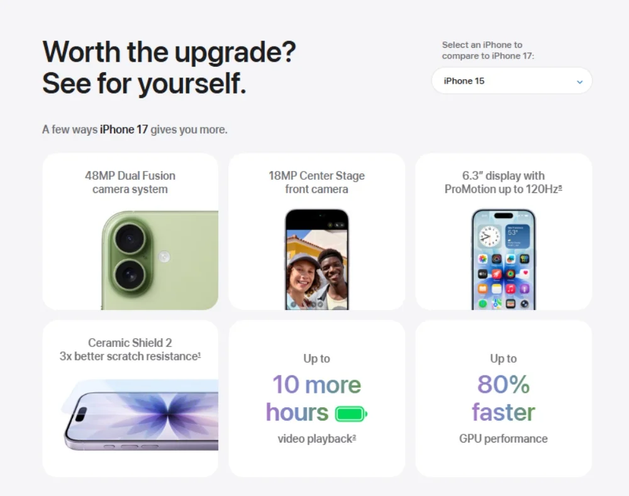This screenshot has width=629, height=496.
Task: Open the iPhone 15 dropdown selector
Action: click(511, 80)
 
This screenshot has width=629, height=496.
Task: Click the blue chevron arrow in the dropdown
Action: click(580, 82)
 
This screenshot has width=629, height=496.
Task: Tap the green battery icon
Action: click(351, 414)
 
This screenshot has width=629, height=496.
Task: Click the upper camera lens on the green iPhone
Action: click(130, 239)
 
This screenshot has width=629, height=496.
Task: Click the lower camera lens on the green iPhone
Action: click(130, 275)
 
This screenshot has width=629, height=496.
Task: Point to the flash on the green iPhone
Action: click(164, 256)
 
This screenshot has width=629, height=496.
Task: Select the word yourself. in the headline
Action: click(192, 84)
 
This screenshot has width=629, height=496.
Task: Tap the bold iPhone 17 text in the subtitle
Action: click(124, 130)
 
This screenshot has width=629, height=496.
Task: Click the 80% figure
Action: click(503, 384)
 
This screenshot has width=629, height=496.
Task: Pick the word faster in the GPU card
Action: click(503, 412)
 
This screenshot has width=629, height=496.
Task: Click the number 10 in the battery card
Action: click(286, 384)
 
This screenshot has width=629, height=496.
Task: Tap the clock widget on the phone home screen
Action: click(489, 236)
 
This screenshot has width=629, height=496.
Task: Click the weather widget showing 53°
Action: click(517, 236)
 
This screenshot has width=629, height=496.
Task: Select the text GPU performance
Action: click(503, 439)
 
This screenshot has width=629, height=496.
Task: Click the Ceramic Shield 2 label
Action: click(130, 343)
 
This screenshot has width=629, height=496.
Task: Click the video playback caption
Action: click(316, 439)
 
